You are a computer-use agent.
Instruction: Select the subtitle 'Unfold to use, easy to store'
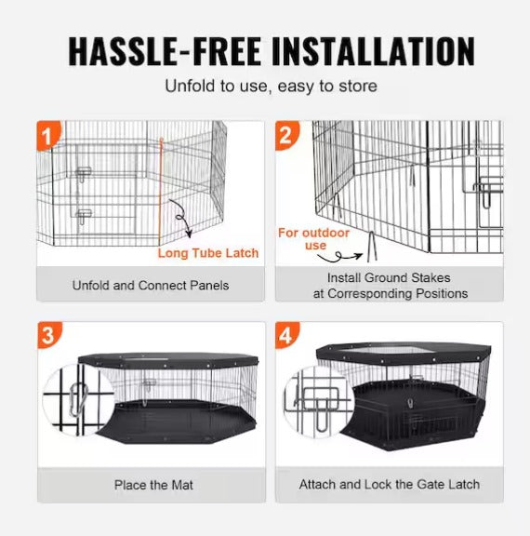click(271, 86)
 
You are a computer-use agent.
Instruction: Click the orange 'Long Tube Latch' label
click(208, 253)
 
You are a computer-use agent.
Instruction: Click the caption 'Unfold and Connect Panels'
click(151, 285)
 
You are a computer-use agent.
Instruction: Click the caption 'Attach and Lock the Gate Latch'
click(390, 485)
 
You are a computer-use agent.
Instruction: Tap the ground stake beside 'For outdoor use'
click(367, 245)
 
